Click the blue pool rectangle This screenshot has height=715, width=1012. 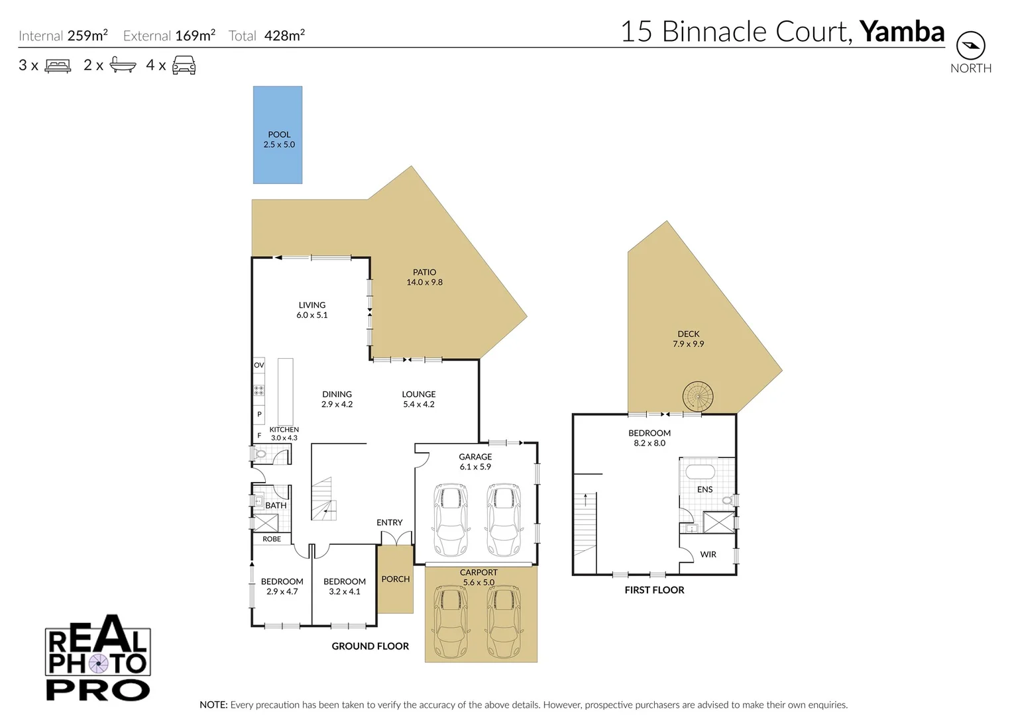point(278,135)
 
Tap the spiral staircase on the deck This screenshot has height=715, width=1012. point(698,397)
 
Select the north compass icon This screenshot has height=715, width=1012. point(970,46)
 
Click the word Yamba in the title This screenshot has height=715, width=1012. point(901,31)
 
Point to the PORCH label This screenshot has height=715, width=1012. point(396,579)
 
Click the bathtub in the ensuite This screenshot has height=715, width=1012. point(700,472)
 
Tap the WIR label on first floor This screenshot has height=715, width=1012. point(708,554)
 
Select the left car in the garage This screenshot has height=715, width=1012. point(451,520)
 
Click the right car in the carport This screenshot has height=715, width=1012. point(504,622)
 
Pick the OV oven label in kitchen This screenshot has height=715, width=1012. point(259,365)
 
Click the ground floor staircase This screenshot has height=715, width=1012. point(324,500)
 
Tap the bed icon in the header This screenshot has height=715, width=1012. point(58,66)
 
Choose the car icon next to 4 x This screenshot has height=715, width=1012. point(184,66)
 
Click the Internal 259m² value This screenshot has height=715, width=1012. point(87,36)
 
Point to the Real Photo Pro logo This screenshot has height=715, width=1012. point(98,659)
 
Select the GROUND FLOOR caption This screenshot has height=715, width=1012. point(370,646)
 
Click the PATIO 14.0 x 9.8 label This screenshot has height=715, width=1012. point(424,277)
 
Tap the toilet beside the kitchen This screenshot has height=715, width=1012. point(260,454)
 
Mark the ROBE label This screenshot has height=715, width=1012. point(272,539)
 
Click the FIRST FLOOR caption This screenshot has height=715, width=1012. point(654,590)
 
